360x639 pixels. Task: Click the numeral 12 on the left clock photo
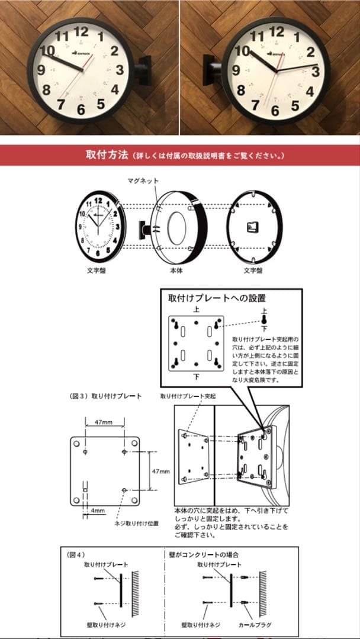click(x=82, y=31)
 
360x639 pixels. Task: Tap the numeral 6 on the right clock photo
click(x=275, y=110)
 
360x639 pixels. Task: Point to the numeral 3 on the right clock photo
click(x=316, y=72)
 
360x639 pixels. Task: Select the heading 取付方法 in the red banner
click(x=106, y=156)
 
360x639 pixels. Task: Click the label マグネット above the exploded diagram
click(x=143, y=180)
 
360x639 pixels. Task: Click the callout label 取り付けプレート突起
click(x=190, y=396)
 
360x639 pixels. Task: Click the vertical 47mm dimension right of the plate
click(x=160, y=471)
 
